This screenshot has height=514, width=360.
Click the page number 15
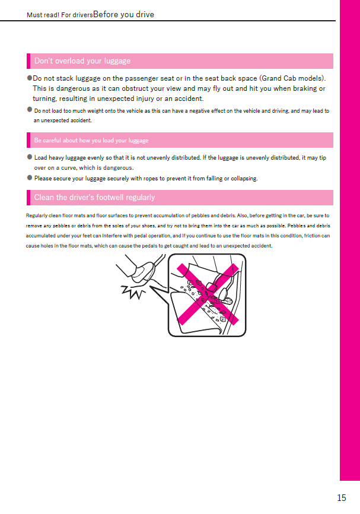pyautogui.click(x=341, y=498)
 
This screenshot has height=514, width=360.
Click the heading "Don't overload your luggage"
pyautogui.click(x=82, y=61)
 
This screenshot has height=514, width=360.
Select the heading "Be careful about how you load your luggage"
pyautogui.click(x=91, y=141)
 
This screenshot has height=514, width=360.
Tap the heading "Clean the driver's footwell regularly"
pyautogui.click(x=94, y=198)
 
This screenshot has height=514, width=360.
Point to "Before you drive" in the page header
pyautogui.click(x=123, y=15)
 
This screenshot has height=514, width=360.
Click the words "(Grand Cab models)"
pyautogui.click(x=293, y=78)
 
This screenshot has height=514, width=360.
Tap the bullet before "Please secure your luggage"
pyautogui.click(x=30, y=177)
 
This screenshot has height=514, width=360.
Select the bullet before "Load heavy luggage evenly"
pyautogui.click(x=30, y=157)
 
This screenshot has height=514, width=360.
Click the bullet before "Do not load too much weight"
pyautogui.click(x=30, y=110)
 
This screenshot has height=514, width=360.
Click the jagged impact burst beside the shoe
pyautogui.click(x=134, y=291)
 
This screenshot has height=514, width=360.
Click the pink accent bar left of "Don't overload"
pyautogui.click(x=28, y=61)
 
